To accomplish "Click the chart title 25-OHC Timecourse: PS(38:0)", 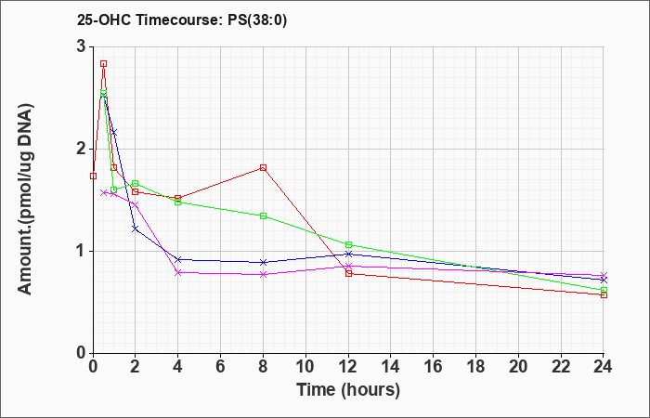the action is click(x=182, y=20).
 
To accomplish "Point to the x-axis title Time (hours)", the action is click(x=348, y=390).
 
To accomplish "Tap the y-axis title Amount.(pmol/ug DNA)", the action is click(x=26, y=200).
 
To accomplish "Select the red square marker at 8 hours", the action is click(x=263, y=167).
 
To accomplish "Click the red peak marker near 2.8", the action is click(x=104, y=63).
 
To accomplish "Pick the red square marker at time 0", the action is click(x=93, y=176).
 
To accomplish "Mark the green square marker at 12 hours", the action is click(x=348, y=244).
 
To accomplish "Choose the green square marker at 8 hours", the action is click(x=263, y=216).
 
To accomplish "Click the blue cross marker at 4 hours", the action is click(x=178, y=259).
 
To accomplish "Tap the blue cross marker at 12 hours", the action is click(x=348, y=254).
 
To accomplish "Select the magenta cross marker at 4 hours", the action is click(x=178, y=272).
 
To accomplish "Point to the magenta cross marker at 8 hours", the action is click(x=263, y=275).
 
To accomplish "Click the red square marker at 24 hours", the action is click(x=604, y=294).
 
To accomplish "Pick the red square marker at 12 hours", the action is click(x=348, y=273).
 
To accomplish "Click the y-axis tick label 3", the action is click(x=82, y=46).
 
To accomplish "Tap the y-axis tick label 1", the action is click(x=82, y=252).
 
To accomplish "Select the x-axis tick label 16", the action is click(x=434, y=367).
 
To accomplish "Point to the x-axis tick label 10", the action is click(x=305, y=367).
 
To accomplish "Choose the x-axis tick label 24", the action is click(x=604, y=367).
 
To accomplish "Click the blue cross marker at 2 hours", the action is click(x=136, y=229).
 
